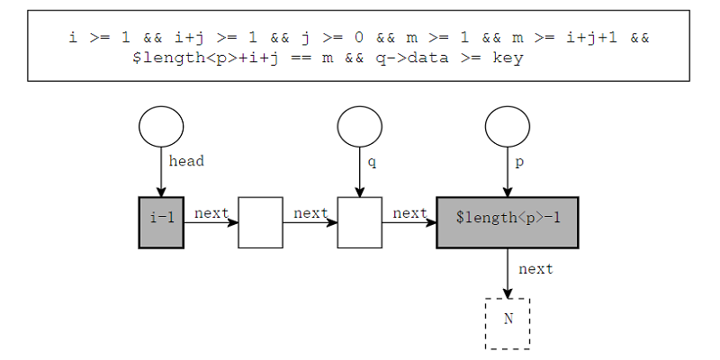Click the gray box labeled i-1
tap(161, 222)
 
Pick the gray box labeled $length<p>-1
tap(508, 222)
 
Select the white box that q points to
tap(359, 222)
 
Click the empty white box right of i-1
tap(260, 222)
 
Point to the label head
tap(186, 161)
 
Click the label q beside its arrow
tap(372, 163)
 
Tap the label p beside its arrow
tap(519, 163)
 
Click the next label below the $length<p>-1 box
tap(535, 268)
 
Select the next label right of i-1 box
tap(211, 213)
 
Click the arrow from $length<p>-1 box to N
tap(508, 274)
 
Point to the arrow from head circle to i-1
tap(161, 172)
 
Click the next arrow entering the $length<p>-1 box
tap(409, 222)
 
